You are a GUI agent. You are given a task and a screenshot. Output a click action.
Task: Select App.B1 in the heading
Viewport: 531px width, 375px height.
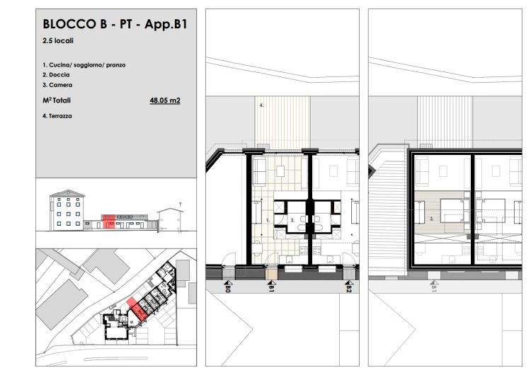166,24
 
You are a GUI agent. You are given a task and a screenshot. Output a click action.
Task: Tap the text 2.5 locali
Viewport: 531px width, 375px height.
58,40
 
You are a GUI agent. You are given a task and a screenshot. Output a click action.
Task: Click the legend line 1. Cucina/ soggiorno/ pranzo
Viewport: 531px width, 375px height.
84,65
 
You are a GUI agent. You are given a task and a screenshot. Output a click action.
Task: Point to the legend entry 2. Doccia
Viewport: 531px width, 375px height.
56,75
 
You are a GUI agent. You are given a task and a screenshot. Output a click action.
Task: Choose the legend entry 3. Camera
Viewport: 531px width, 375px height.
57,85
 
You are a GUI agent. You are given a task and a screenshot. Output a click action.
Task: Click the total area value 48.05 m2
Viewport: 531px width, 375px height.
165,100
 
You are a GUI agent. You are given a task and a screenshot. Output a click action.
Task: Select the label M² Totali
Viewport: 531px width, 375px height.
57,100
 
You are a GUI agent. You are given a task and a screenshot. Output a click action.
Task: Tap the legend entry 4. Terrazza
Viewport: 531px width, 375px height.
57,116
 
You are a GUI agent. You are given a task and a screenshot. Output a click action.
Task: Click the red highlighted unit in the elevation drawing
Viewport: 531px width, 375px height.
109,221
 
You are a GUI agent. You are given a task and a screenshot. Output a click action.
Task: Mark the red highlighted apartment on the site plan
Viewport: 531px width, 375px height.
137,309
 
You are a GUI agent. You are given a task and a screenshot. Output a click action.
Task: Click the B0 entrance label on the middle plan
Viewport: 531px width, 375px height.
227,289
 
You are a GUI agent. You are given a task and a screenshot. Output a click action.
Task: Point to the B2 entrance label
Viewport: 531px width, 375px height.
349,289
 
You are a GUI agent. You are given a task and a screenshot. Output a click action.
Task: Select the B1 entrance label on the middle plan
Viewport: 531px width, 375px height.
271,289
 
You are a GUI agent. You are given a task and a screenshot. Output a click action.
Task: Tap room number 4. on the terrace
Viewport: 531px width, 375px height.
261,105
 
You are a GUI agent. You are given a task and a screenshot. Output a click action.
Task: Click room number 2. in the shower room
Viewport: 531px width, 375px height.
292,220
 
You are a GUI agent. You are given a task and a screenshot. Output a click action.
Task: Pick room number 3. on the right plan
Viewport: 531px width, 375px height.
432,219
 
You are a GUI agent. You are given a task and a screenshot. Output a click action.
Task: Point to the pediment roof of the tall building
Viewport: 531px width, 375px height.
67,193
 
